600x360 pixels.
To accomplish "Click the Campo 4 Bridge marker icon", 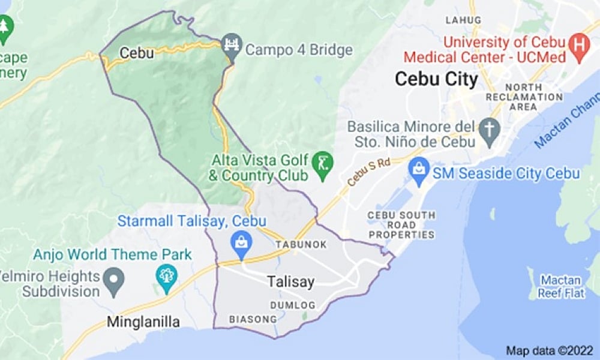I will pos(230,44).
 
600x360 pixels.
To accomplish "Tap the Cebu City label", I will pos(436,79).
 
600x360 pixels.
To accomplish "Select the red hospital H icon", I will pos(579,44).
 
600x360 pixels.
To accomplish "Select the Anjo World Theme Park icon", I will pos(166,276).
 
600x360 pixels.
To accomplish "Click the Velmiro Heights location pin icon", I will pos(113,278).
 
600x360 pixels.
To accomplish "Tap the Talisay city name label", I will pos(290,281).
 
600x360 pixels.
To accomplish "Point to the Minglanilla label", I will pos(143,322).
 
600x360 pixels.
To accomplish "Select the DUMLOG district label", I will pos(292,305).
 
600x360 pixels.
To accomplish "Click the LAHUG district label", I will pos(463,20).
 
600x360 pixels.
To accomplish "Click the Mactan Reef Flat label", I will pos(560,286).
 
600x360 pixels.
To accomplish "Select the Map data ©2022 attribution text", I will pos(550,350).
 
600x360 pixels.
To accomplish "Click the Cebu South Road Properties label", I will pos(401,225).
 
